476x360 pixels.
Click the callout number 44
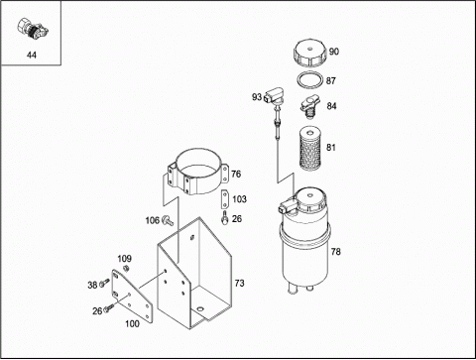tap(32, 55)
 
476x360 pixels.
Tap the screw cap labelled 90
tap(310, 53)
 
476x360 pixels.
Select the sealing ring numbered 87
tap(309, 79)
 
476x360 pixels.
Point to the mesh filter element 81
tap(309, 150)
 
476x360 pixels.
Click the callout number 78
tap(335, 252)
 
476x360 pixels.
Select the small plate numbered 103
tap(225, 199)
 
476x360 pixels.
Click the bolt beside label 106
tap(168, 220)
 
